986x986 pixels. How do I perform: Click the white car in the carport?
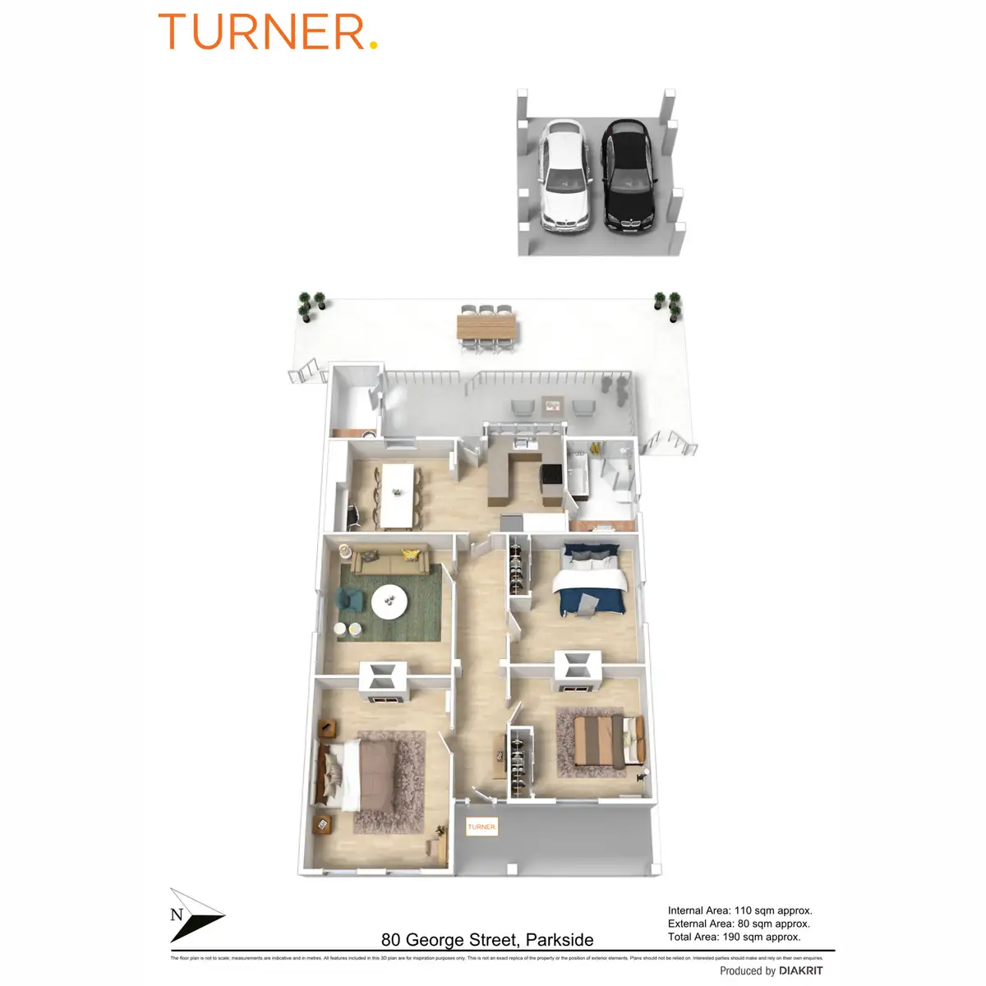click(x=564, y=177)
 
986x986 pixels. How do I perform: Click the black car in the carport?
click(x=629, y=177)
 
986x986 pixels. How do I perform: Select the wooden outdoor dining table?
click(x=488, y=329)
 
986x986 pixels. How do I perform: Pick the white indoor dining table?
click(x=398, y=495)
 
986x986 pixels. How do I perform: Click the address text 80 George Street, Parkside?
click(x=487, y=940)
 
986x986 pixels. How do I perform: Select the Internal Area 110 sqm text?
click(x=739, y=910)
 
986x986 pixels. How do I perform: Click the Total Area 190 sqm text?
click(x=734, y=937)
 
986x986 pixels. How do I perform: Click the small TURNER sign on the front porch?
click(x=481, y=827)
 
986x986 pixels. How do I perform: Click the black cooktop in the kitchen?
click(x=551, y=475)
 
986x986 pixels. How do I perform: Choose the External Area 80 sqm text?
click(x=739, y=924)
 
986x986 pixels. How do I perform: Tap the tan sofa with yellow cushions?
click(x=390, y=560)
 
